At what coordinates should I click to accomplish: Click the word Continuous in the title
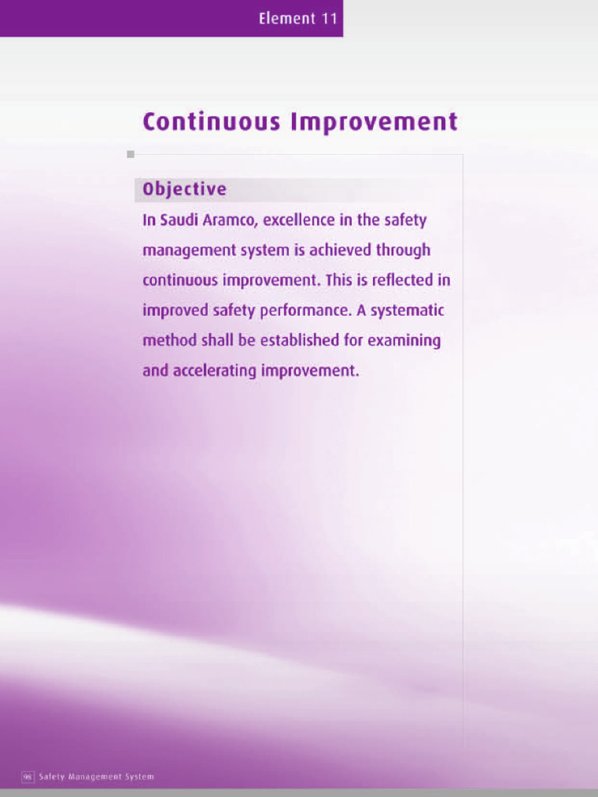(x=211, y=122)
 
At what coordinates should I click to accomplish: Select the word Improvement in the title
(x=374, y=122)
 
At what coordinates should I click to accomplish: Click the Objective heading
(x=185, y=189)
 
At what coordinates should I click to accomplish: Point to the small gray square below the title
(x=131, y=154)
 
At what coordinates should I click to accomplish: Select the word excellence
(x=298, y=220)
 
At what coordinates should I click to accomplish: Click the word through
(x=403, y=251)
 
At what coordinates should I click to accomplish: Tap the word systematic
(x=407, y=311)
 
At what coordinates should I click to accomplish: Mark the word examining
(x=404, y=341)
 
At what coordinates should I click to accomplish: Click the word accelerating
(x=214, y=371)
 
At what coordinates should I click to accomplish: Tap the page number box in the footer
(x=27, y=777)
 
